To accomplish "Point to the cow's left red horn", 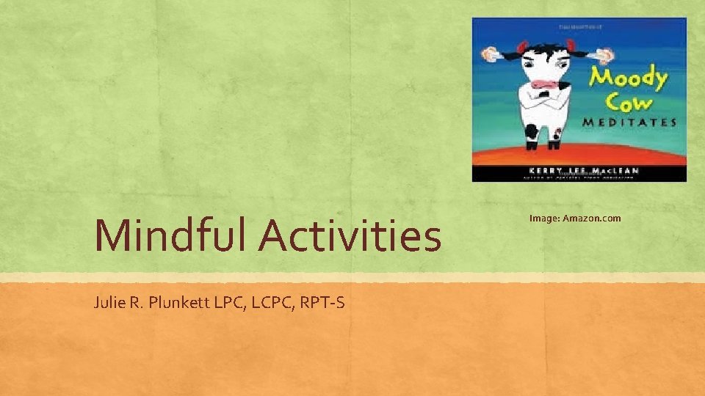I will point(522,48).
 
